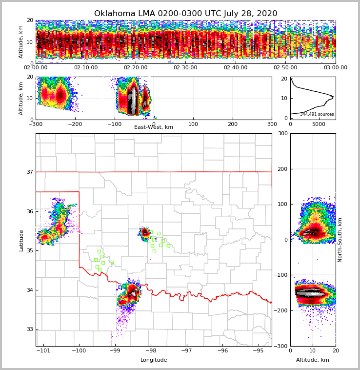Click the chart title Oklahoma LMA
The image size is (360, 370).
coord(185,14)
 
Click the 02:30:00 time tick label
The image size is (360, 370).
coord(185,68)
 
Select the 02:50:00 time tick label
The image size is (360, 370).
coord(285,68)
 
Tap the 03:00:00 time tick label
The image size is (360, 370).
coord(335,68)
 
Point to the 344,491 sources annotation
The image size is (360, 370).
coord(317,114)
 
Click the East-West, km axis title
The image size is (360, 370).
coord(154,127)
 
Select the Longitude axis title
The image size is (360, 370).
coord(154,360)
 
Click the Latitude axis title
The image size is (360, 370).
coord(21,240)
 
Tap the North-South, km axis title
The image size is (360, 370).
coord(340,240)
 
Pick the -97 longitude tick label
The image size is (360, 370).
coord(186,350)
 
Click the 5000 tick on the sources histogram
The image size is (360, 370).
coord(319,124)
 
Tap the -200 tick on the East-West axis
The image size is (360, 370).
coord(75,124)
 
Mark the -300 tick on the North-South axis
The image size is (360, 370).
coord(282,346)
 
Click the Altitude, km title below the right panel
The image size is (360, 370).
coord(313,360)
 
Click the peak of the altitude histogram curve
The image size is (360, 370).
coord(333,97)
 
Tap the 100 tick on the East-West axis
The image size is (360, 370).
coord(193,124)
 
